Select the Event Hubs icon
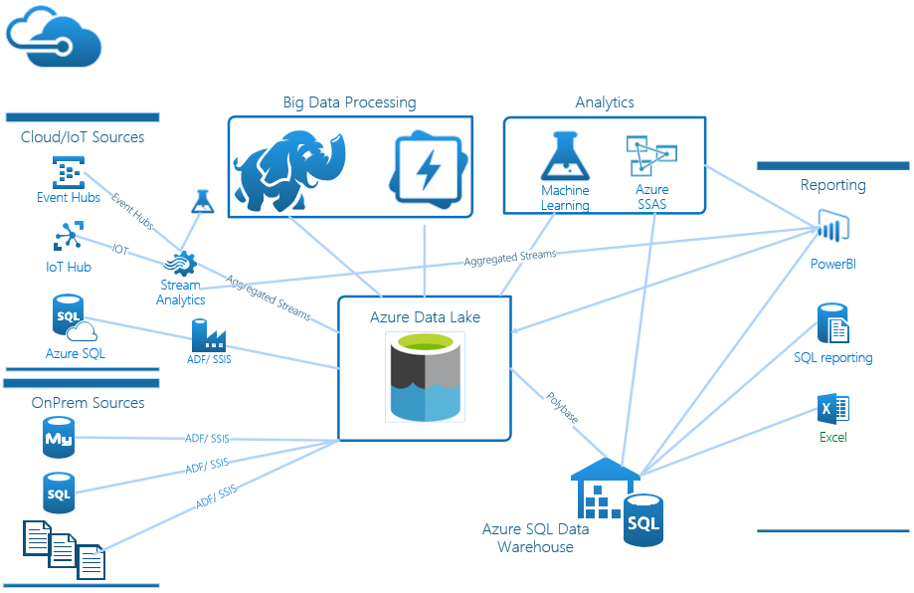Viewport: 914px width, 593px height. (x=68, y=171)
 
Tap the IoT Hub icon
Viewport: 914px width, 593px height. (x=68, y=237)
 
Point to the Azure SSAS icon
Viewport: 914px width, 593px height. (x=651, y=157)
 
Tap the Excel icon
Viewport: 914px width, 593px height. (x=832, y=409)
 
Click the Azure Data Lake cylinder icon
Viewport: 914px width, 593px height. (x=425, y=377)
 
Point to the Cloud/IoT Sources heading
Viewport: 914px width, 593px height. (x=83, y=137)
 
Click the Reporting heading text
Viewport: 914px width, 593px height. (x=832, y=185)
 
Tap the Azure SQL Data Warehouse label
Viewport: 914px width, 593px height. (x=535, y=537)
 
